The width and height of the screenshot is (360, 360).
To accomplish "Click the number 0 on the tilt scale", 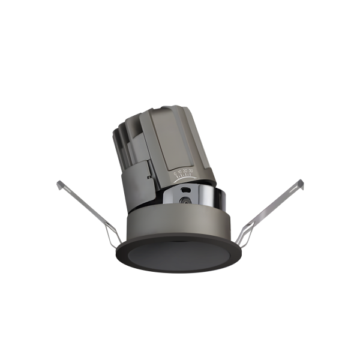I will click(x=176, y=173).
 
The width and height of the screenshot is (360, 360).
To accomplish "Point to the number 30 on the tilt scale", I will click(x=191, y=172).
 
